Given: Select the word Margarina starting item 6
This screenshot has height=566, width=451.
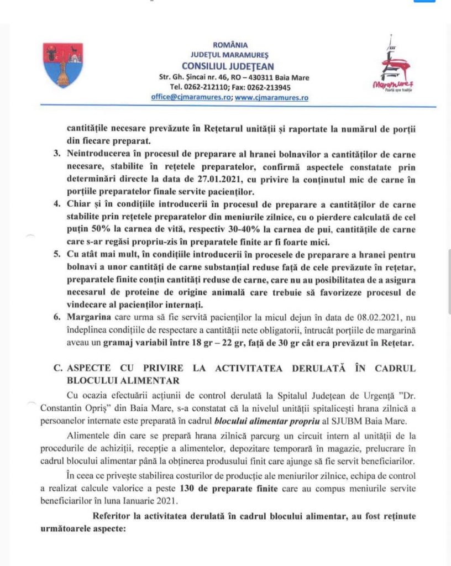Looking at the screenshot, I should [91, 319].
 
